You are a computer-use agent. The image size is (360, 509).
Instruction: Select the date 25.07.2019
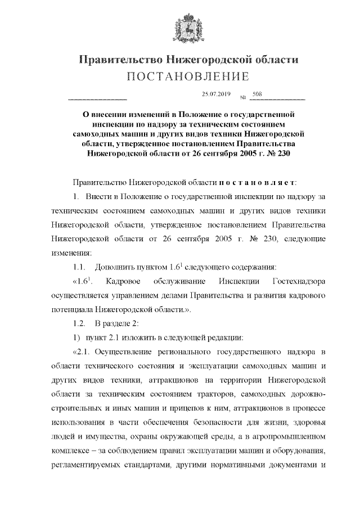(x=211, y=94)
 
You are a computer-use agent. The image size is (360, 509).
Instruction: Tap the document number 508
(x=257, y=94)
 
